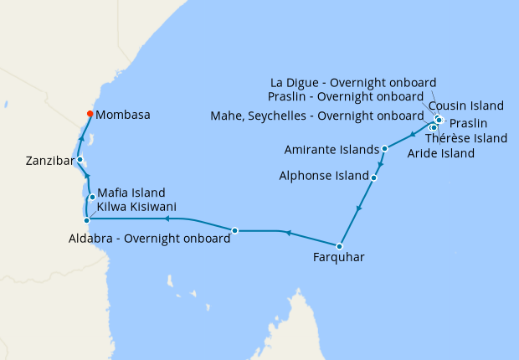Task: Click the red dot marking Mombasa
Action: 90,115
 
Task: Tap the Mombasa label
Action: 123,116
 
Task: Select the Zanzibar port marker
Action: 80,159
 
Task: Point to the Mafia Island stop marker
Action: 91,197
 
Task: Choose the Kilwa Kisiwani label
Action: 136,207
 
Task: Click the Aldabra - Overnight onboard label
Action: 149,239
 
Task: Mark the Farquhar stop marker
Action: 339,246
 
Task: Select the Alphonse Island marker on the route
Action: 373,177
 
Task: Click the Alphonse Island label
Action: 324,177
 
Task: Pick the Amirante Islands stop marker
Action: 384,149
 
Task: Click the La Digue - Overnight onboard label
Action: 353,82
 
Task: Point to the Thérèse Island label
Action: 466,138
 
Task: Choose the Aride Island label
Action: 440,153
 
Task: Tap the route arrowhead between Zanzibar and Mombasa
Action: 82,139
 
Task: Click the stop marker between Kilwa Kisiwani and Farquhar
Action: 235,230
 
